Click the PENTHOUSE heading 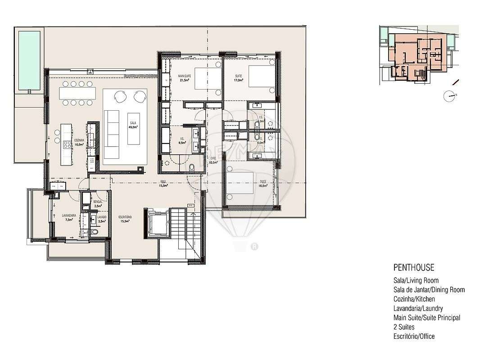pos(413,268)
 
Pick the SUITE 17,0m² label pos(238,78)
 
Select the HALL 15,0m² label pos(163,184)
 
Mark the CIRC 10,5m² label pos(214,160)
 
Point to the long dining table pos(77,94)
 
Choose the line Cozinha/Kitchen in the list pos(414,299)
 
